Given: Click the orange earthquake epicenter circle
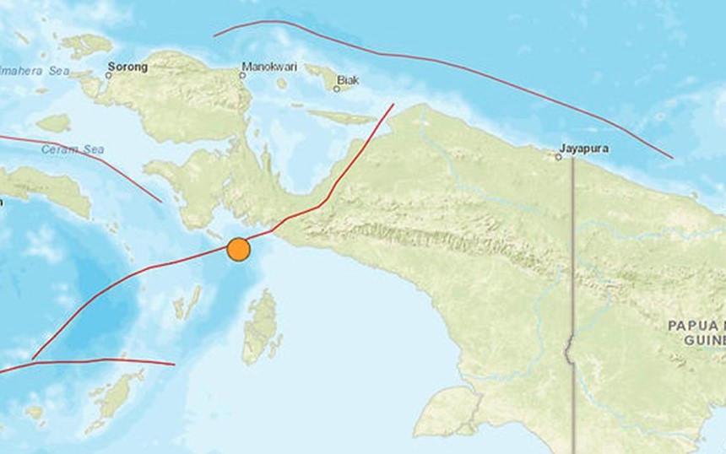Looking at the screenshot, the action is (x=239, y=250).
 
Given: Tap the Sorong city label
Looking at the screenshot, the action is (x=127, y=65).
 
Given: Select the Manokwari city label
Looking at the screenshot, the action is (x=269, y=66).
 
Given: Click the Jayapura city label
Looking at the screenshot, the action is (x=584, y=147).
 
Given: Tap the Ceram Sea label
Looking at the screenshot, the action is (x=73, y=149).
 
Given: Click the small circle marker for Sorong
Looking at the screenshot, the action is (x=109, y=75).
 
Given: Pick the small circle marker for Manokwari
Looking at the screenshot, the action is (x=242, y=75).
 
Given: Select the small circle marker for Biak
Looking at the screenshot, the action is (x=336, y=89).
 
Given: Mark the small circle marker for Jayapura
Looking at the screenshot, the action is (x=560, y=155).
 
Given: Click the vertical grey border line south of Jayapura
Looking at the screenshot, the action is (x=573, y=253).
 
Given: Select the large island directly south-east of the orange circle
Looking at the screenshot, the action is (x=262, y=327).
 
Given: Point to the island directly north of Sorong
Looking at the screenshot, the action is (x=85, y=45).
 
